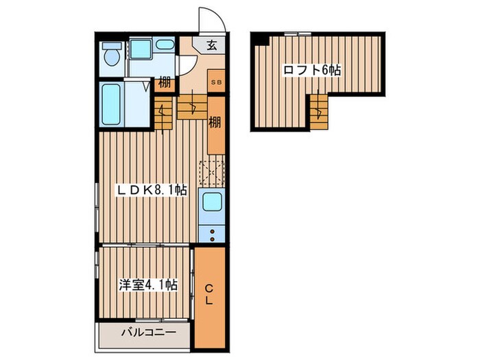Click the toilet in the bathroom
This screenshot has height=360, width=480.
(x=112, y=54)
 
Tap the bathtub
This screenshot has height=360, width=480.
(x=111, y=104)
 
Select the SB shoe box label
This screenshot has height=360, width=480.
(x=217, y=82)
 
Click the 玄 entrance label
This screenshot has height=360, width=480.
(x=211, y=45)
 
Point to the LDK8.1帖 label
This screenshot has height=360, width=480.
(x=151, y=190)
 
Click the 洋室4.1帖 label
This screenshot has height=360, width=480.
(x=148, y=285)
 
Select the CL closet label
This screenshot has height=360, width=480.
(x=208, y=294)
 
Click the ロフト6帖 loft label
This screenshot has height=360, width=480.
(x=312, y=71)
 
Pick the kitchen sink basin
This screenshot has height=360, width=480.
(x=212, y=202)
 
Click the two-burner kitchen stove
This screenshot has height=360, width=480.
(x=212, y=235)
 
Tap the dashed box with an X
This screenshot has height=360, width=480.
(x=212, y=173)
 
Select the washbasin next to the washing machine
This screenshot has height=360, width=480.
(x=165, y=45)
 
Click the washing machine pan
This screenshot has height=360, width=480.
(x=141, y=49)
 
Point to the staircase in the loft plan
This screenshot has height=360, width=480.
(x=319, y=111)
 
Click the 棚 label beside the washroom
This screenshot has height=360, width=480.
(x=165, y=83)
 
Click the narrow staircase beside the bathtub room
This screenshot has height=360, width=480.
(x=163, y=113)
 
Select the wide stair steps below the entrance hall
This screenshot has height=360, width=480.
(x=192, y=107)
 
